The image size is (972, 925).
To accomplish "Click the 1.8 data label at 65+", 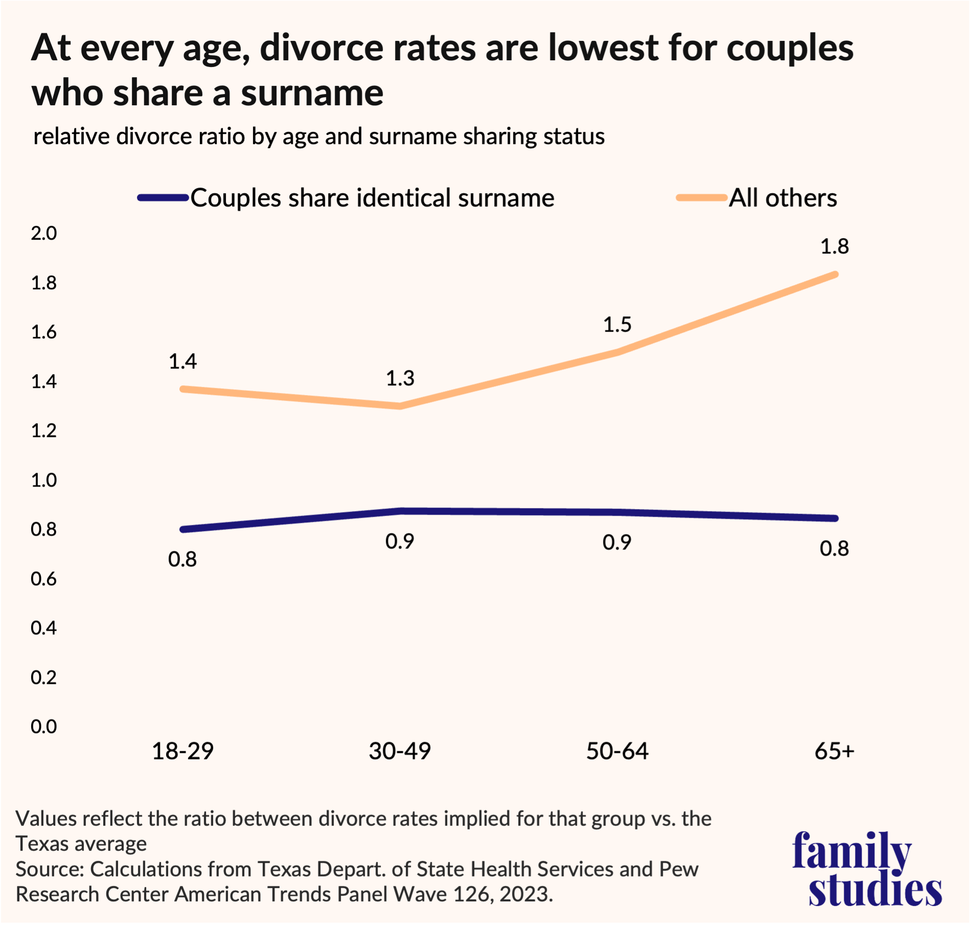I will click(x=834, y=247).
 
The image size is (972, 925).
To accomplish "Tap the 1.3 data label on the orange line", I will click(x=400, y=379).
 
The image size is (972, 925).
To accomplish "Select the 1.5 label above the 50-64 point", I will click(x=617, y=325).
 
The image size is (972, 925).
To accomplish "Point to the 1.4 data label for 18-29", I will click(x=182, y=362).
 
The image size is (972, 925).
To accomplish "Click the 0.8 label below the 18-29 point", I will click(x=182, y=560).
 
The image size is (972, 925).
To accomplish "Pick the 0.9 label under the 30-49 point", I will click(x=400, y=542).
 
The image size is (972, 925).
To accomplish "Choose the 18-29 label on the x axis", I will click(x=182, y=751).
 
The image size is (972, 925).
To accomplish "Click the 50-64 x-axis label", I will click(x=617, y=751).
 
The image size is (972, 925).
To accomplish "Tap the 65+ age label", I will click(x=834, y=751).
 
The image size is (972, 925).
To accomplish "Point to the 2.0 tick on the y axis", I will click(x=44, y=234).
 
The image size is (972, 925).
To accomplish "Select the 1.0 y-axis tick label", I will click(x=44, y=480).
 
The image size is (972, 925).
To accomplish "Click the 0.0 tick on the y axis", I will click(x=44, y=727).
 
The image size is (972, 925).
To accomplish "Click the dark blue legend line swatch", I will click(x=163, y=198).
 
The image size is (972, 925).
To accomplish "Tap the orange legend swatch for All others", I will click(x=702, y=198).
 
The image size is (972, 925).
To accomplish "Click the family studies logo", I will click(x=867, y=869).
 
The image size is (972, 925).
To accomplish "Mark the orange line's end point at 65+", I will click(x=835, y=274).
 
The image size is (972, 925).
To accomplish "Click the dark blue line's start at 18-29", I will click(x=183, y=529).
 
